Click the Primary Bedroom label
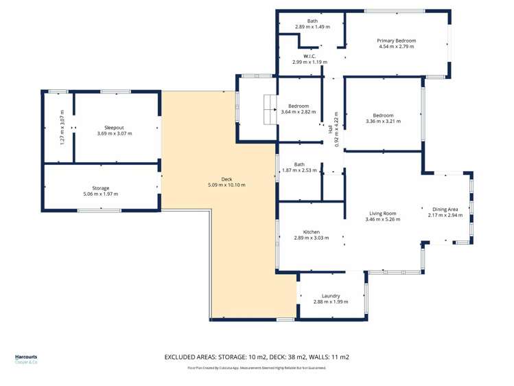[397, 41]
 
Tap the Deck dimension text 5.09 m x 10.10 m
[226, 185]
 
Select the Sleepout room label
[114, 127]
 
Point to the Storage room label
[101, 188]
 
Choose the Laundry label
[331, 296]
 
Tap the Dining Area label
[445, 209]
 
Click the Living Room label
[382, 214]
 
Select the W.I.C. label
[309, 56]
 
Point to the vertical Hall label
[330, 129]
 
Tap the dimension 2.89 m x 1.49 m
[312, 27]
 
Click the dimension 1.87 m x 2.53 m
[299, 170]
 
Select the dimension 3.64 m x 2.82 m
[299, 112]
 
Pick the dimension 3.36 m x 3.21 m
[383, 121]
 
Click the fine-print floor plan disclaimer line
[257, 368]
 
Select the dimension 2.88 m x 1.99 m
[331, 302]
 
